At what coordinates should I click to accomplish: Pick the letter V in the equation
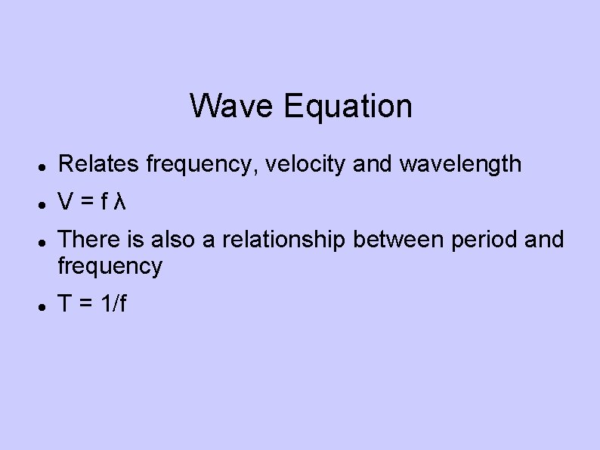66,202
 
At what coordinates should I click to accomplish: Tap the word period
490,241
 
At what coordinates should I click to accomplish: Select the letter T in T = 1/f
66,304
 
